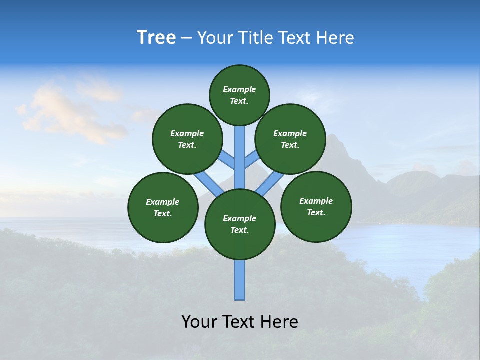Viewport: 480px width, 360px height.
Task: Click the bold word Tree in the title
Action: [x=156, y=38]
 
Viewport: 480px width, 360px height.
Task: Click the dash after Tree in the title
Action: [x=186, y=38]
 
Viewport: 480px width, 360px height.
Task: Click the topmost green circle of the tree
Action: [x=239, y=95]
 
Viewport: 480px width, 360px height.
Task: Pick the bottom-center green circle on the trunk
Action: [x=240, y=224]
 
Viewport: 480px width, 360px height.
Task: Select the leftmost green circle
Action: [x=163, y=207]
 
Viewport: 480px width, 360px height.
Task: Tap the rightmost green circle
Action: [x=316, y=206]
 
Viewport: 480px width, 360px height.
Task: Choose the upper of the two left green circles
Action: [x=187, y=139]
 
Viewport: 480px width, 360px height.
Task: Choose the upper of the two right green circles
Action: [x=290, y=139]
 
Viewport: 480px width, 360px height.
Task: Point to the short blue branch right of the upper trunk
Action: [x=252, y=159]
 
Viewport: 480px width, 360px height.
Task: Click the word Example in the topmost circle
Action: [x=239, y=89]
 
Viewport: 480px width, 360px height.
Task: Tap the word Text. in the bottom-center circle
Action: [x=239, y=230]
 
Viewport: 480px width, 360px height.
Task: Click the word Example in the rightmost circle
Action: [x=316, y=201]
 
